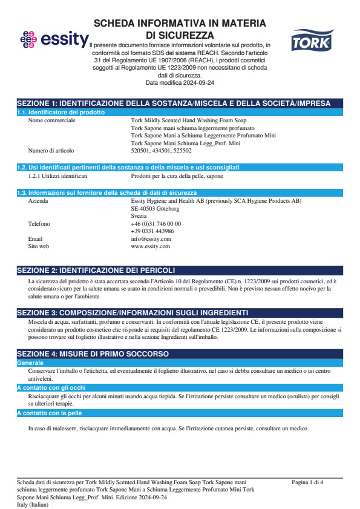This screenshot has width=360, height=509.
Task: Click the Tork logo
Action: (312, 41)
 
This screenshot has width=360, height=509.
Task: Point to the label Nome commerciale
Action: (52, 120)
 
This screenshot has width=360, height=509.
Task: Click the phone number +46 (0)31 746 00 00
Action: (155, 224)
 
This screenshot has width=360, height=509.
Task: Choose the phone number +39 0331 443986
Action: (152, 231)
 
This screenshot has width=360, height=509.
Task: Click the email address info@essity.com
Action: (151, 239)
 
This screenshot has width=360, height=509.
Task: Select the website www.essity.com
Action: (150, 246)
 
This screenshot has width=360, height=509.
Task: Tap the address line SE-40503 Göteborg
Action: (155, 208)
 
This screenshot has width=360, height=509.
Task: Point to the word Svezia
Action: (139, 216)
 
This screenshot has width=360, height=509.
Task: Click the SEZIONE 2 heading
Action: (96, 269)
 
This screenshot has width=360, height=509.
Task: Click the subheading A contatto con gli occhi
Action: (51, 387)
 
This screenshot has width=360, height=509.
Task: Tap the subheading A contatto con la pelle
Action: (49, 413)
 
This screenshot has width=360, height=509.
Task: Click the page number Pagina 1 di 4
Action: (307, 482)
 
